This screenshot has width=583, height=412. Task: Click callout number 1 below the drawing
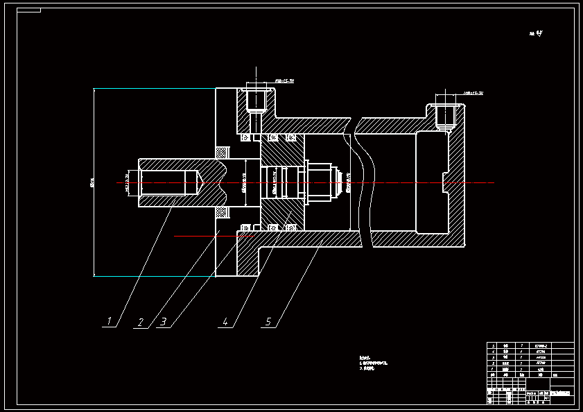pyautogui.click(x=109, y=321)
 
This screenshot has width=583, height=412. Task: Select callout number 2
pyautogui.click(x=141, y=323)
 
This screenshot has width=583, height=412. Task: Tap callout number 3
pyautogui.click(x=164, y=323)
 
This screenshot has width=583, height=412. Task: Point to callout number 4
pyautogui.click(x=225, y=322)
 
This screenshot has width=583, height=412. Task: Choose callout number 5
pyautogui.click(x=269, y=322)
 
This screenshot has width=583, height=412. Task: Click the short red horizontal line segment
pyautogui.click(x=214, y=237)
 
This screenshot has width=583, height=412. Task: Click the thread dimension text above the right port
pyautogui.click(x=473, y=92)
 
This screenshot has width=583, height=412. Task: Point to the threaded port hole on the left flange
pyautogui.click(x=256, y=100)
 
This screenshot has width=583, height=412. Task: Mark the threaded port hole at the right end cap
pyautogui.click(x=444, y=114)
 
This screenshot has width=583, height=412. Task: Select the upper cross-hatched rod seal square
pyautogui.click(x=223, y=152)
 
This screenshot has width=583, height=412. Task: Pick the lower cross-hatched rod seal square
pyautogui.click(x=223, y=212)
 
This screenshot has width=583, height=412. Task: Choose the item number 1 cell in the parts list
pyautogui.click(x=493, y=368)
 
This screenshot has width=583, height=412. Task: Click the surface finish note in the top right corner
pyautogui.click(x=535, y=33)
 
